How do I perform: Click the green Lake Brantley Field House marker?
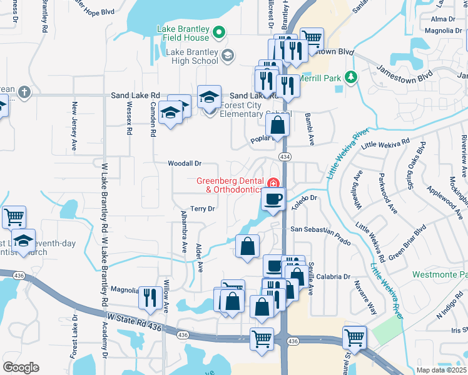click(x=218, y=32)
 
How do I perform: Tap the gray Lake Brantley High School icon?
click(x=227, y=56)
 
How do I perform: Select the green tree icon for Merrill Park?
click(x=352, y=77)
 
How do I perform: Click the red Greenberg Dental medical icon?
click(x=272, y=183)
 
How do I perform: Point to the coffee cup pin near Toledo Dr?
click(x=273, y=200)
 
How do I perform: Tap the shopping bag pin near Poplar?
click(x=278, y=125)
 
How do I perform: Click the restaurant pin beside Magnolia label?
click(x=148, y=297)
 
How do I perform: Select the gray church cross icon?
click(x=24, y=92)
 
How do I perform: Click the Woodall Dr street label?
click(x=184, y=163)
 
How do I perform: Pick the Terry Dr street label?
click(x=203, y=209)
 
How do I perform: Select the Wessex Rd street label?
click(x=130, y=119)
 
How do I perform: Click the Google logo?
click(x=21, y=367)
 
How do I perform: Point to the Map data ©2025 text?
click(x=441, y=370)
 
